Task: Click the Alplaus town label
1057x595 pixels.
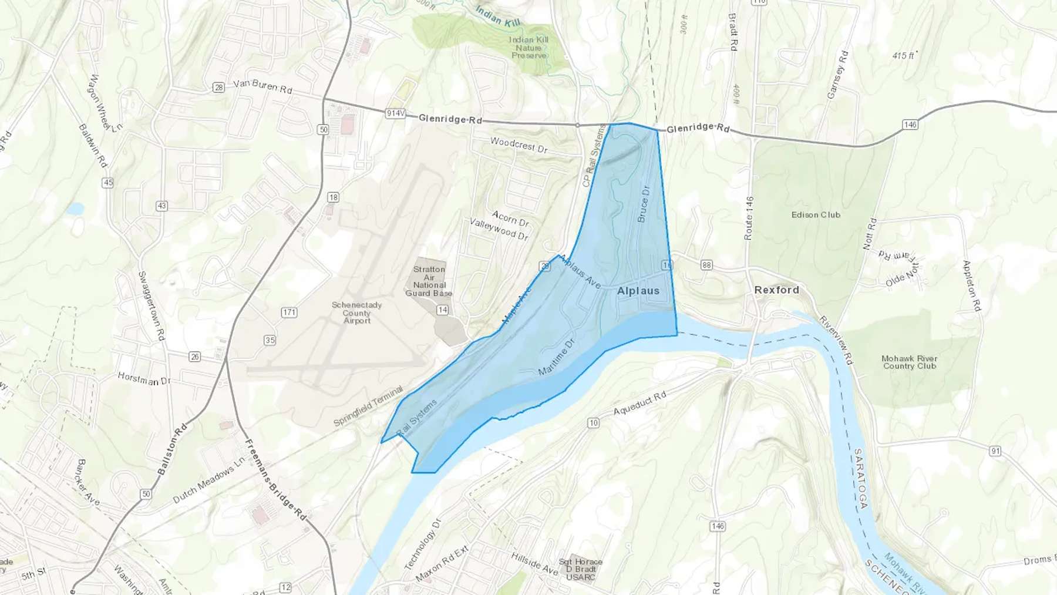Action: [x=638, y=291]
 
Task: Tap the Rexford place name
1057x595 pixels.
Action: [x=776, y=290]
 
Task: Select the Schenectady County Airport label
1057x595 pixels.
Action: [x=356, y=312]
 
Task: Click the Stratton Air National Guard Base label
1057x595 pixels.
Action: [x=429, y=281]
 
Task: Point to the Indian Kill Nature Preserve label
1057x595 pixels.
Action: [x=528, y=48]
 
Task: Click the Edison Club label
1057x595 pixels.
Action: [x=816, y=215]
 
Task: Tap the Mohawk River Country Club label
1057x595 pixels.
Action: [x=909, y=362]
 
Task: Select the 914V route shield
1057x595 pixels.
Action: [x=396, y=113]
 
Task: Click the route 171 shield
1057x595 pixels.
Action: [x=289, y=312]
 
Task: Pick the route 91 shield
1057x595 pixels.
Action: [x=995, y=451]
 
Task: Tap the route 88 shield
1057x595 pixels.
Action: [x=706, y=265]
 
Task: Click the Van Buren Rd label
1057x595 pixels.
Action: [x=262, y=86]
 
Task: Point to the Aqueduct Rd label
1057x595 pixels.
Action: [x=639, y=403]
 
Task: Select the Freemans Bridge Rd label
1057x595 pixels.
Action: [x=275, y=479]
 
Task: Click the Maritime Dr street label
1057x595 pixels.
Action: [x=556, y=357]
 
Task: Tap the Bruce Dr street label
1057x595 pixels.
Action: [x=644, y=204]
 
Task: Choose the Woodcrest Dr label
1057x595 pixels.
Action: [x=519, y=145]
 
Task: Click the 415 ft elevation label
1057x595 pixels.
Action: [x=903, y=56]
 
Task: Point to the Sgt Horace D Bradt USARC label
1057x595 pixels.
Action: [x=581, y=569]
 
